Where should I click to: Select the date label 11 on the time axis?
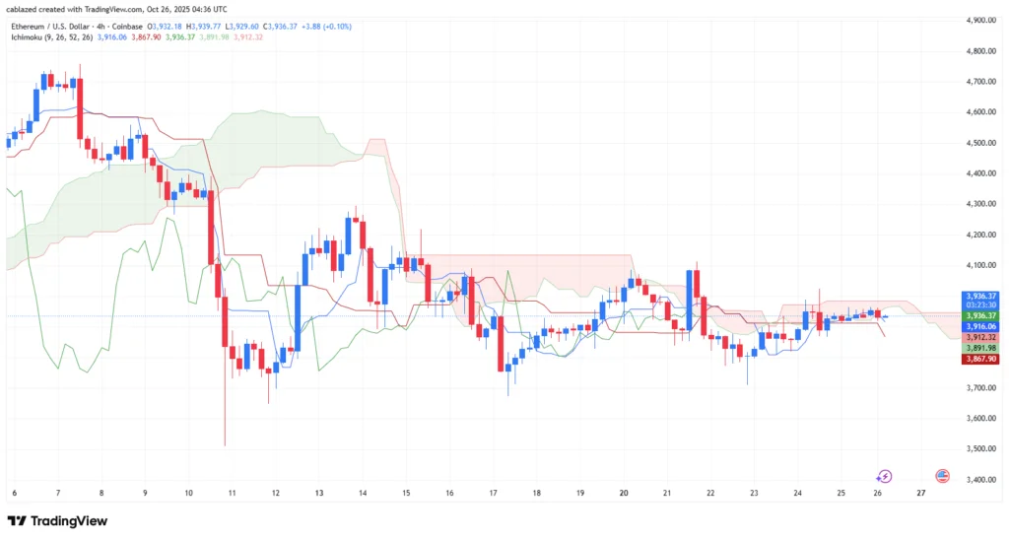(x=233, y=492)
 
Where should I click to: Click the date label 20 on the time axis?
(x=624, y=492)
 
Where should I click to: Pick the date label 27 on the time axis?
(x=920, y=492)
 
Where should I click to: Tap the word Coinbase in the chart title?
(x=123, y=27)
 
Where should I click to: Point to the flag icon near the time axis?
(x=942, y=476)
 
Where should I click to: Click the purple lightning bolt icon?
(x=884, y=476)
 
